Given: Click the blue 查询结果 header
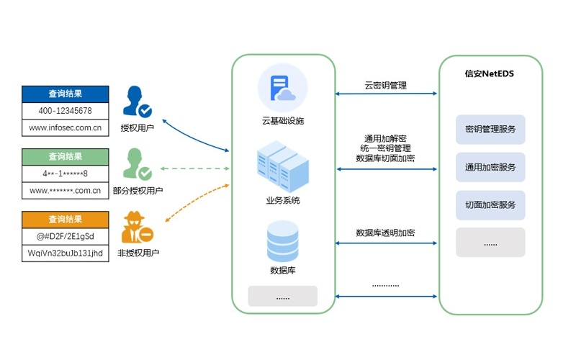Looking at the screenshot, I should click(65, 94).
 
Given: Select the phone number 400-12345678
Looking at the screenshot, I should click(65, 111).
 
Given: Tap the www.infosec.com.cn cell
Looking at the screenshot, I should click(65, 129).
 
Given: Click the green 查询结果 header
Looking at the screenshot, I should click(65, 156).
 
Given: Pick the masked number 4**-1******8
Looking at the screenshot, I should click(65, 174).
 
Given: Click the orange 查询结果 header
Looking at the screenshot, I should click(65, 219).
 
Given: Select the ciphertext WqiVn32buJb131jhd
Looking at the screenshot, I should click(65, 253).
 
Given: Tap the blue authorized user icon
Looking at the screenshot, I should click(137, 102).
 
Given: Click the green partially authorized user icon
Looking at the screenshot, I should click(137, 164).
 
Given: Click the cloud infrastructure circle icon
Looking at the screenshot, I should click(283, 88).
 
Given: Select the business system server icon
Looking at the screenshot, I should click(283, 167).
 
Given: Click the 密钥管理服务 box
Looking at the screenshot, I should click(490, 130).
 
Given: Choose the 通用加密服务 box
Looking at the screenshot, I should click(490, 167).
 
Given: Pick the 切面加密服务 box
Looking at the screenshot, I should click(490, 204).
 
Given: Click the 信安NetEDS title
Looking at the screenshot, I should click(490, 73).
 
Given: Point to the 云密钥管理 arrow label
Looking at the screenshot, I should click(386, 85).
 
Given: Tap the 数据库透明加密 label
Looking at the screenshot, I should click(386, 233).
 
